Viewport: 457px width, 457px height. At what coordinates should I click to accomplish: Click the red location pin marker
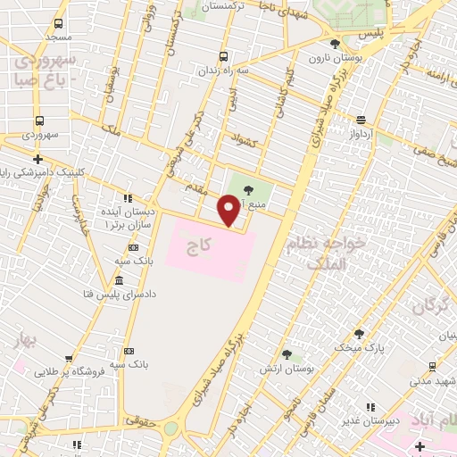tap(229, 211)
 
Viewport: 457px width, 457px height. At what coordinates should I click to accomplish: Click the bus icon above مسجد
tap(59, 24)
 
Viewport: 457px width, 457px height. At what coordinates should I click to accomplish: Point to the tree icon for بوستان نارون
tap(335, 44)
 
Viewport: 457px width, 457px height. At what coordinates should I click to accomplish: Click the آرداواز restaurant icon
tap(361, 120)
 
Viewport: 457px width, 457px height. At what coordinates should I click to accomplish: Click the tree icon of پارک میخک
tap(359, 333)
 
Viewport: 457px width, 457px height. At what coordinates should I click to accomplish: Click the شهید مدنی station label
tap(433, 381)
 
